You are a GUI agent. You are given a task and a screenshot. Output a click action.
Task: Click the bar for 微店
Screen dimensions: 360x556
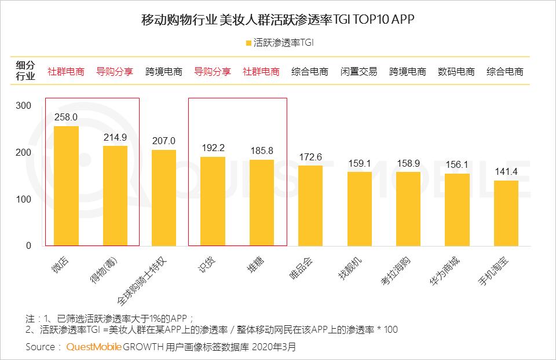pos(66,186)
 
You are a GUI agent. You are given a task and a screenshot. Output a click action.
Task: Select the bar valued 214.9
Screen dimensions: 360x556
pos(115,196)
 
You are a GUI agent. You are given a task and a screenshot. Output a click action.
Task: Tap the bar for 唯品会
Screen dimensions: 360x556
pos(310,205)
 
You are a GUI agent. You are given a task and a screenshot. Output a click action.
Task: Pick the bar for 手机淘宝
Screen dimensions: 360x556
pos(506,213)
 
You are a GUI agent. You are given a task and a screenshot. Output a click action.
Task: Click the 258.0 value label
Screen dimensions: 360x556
pos(66,117)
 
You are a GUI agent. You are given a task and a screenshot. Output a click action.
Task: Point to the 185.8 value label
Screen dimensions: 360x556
pos(261,150)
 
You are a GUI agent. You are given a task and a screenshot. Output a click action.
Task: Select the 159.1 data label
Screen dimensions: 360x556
pos(359,163)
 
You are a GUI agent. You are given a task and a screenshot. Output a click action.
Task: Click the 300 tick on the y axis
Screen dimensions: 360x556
pos(24,106)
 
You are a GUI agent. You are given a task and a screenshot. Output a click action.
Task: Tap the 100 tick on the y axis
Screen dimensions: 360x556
pos(24,199)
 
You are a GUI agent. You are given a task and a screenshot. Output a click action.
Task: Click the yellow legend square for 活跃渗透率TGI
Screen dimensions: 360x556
pos(248,43)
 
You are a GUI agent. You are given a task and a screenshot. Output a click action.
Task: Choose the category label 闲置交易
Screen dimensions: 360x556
pos(359,72)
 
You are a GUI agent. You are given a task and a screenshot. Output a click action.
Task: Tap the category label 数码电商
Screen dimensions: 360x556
pos(456,72)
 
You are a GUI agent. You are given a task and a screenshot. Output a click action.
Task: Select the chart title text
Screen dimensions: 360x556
pos(278,19)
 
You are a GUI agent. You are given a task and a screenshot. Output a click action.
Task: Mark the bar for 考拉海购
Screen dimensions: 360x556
pos(408,209)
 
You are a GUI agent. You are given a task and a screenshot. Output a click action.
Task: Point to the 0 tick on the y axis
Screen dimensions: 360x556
pos(28,246)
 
